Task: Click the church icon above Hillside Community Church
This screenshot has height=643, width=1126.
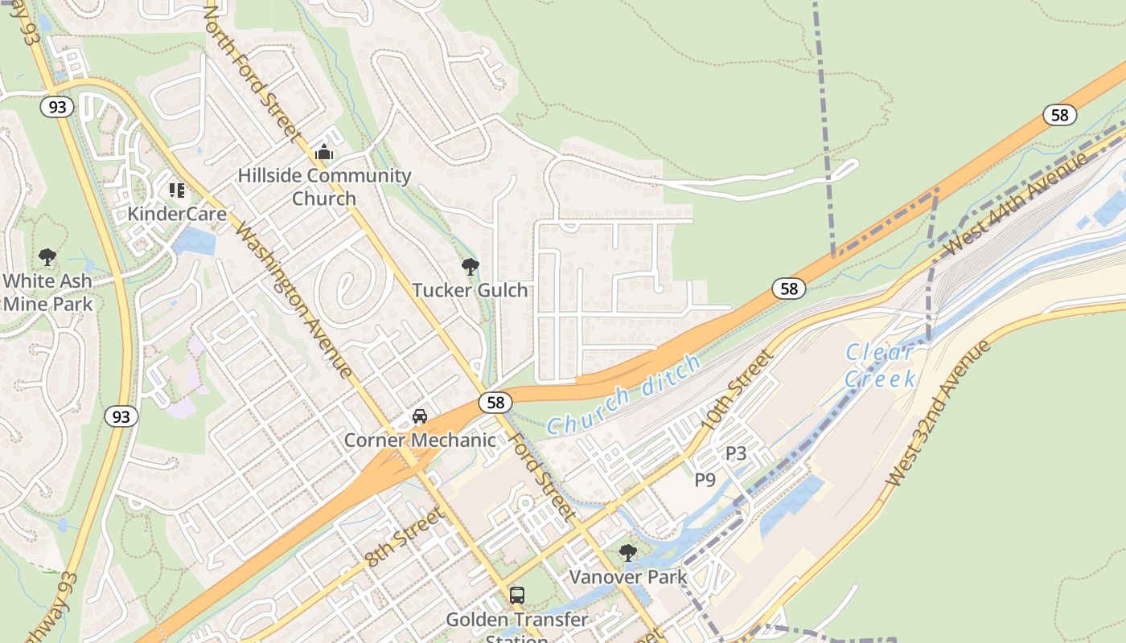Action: point(324,151)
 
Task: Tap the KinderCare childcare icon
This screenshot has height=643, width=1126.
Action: point(177,190)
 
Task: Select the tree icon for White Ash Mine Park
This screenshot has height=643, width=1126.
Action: point(47,257)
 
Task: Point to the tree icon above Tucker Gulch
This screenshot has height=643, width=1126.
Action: point(471,267)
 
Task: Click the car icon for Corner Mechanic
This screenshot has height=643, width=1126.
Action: point(420,416)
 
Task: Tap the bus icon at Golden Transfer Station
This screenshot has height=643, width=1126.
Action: point(517,596)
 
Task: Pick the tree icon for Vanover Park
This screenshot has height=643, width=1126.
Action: point(628,553)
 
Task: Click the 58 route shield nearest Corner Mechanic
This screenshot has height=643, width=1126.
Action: point(495,402)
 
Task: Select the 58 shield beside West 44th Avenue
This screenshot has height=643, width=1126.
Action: point(1060,115)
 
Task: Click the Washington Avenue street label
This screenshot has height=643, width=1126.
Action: point(293,297)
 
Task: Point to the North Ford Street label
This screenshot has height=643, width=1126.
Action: point(253,72)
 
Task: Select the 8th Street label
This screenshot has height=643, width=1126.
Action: point(405,537)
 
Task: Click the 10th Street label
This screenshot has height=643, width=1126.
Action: point(737,389)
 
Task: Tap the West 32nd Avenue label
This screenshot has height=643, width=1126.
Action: point(938,413)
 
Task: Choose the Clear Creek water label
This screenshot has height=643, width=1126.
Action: point(881,365)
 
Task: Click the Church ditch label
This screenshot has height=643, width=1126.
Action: point(623,396)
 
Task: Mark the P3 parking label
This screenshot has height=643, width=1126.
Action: point(736,453)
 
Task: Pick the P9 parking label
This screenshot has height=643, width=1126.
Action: point(705,480)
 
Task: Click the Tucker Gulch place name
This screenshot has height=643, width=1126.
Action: point(471,290)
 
